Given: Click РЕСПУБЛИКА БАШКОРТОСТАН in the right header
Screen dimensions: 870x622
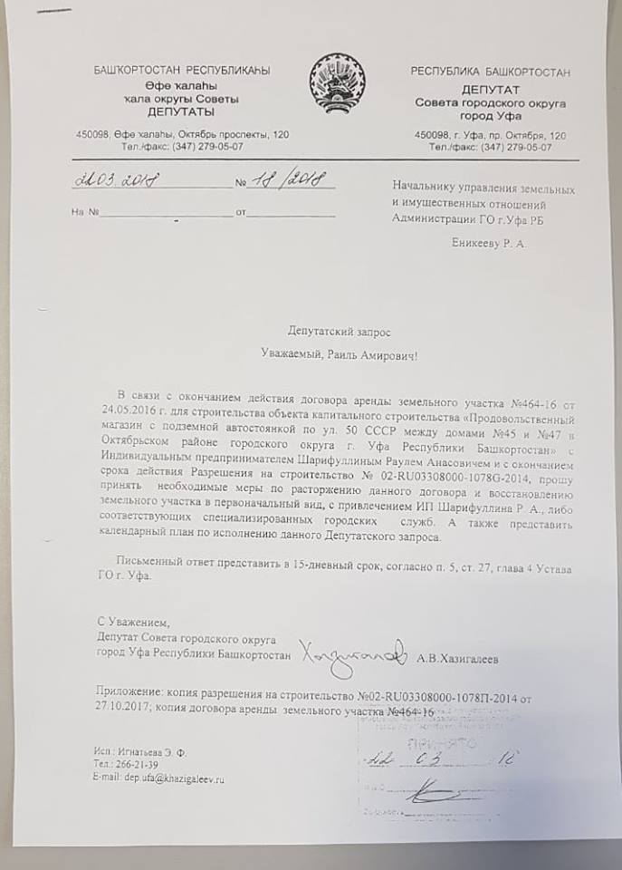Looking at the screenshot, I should coord(490,71).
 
